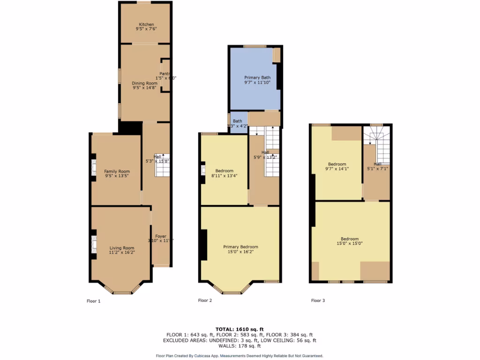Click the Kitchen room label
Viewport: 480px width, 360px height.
pyautogui.click(x=146, y=24)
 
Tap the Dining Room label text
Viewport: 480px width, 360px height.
pyautogui.click(x=144, y=83)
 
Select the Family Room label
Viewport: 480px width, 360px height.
pyautogui.click(x=117, y=172)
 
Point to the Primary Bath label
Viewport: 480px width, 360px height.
pyautogui.click(x=257, y=77)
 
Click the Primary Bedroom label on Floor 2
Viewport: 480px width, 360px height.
pyautogui.click(x=240, y=247)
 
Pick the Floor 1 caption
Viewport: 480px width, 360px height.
pyautogui.click(x=94, y=301)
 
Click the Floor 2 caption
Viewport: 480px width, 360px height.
pyautogui.click(x=205, y=300)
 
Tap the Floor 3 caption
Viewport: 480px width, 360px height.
pyautogui.click(x=318, y=300)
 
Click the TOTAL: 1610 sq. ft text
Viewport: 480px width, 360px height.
pyautogui.click(x=240, y=329)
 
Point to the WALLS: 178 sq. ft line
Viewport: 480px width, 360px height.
pyautogui.click(x=240, y=346)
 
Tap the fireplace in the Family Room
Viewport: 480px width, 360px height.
pyautogui.click(x=93, y=168)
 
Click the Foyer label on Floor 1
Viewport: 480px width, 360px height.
pyautogui.click(x=160, y=236)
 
